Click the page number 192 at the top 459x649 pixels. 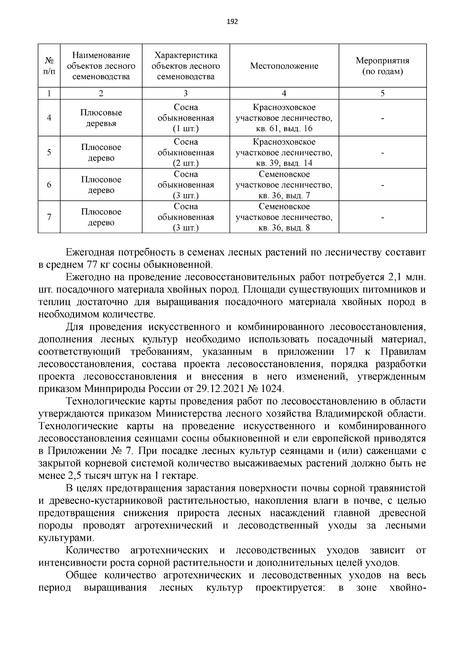[232, 22]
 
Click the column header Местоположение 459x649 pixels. [284, 66]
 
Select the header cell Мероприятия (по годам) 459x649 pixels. [382, 66]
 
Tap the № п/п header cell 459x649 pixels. [49, 66]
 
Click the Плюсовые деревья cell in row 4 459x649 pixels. [101, 118]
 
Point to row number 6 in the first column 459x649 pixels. [49, 185]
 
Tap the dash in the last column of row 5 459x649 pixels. [382, 153]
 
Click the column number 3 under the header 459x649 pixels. [186, 94]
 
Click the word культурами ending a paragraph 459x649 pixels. [65, 538]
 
